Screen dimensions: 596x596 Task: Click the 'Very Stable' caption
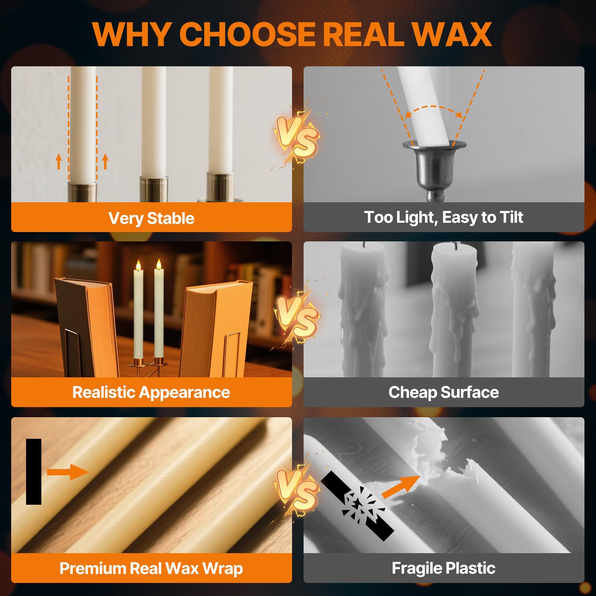tap(151, 218)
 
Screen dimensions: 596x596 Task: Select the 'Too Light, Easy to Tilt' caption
tap(444, 218)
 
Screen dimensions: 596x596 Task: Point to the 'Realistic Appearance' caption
tap(151, 392)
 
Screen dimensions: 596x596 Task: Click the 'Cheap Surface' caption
tap(444, 392)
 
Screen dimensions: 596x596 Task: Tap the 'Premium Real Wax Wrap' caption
tap(151, 568)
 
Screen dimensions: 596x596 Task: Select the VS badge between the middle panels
tap(297, 317)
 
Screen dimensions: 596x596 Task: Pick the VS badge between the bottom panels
tap(297, 489)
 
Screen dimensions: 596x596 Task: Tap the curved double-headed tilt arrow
tap(434, 107)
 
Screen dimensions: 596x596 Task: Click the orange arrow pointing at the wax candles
tap(68, 472)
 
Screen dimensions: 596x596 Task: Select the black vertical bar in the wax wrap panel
tap(34, 472)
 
